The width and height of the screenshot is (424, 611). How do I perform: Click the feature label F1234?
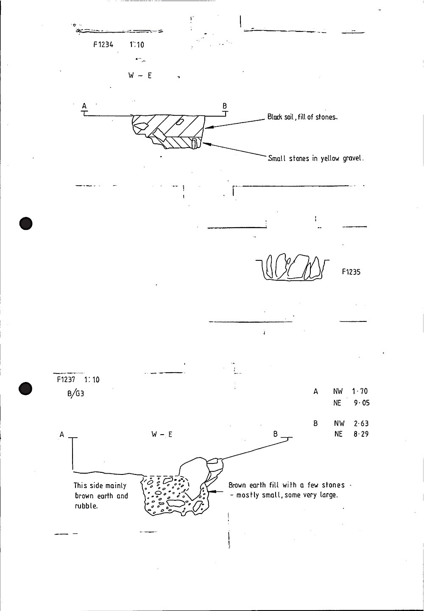point(103,45)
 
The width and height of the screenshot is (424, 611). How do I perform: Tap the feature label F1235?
point(351,272)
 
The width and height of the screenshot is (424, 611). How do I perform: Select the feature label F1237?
point(66,379)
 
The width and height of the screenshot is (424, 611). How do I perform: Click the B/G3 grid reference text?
point(75,393)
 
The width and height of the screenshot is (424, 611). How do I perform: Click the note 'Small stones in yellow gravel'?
point(316,159)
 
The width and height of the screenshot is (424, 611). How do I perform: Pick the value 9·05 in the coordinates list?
point(362,403)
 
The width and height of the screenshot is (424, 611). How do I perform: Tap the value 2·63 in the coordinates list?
point(360,423)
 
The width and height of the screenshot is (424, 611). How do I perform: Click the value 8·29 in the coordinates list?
point(361,434)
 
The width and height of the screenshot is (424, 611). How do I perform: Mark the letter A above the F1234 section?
point(84,106)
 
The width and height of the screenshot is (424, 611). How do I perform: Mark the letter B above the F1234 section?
point(225,106)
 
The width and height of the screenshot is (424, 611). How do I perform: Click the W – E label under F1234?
point(140,76)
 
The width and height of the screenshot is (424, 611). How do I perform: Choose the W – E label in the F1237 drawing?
point(162,435)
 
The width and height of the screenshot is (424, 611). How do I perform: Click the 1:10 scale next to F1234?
point(137,45)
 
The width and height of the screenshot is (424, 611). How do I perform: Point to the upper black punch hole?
point(26,223)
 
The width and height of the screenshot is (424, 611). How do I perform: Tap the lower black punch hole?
point(26,389)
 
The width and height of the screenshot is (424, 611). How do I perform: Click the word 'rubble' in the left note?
point(86,506)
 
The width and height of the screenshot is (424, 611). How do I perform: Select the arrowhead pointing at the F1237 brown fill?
point(214,491)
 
